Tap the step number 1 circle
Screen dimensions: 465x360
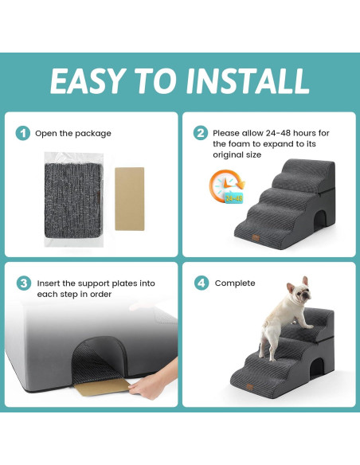tap(24, 133)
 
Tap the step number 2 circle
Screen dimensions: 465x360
tap(201, 133)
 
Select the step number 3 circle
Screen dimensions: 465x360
tap(24, 283)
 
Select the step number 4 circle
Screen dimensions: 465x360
tap(201, 283)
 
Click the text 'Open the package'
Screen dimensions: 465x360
tap(73, 133)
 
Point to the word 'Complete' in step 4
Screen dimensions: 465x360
tap(235, 283)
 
